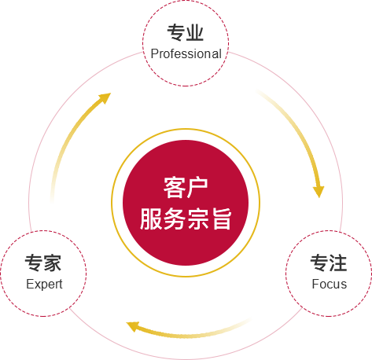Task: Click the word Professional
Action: pyautogui.click(x=186, y=53)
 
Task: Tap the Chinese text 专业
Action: pyautogui.click(x=186, y=32)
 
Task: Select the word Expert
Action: pyautogui.click(x=44, y=285)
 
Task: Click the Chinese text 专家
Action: pyautogui.click(x=43, y=263)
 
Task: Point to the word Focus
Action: pyautogui.click(x=330, y=284)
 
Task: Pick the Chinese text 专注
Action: pyautogui.click(x=329, y=263)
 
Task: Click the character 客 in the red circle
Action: pyautogui.click(x=174, y=187)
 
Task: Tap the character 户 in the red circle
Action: pyautogui.click(x=197, y=187)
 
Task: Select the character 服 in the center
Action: pyautogui.click(x=151, y=219)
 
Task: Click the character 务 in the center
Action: pyautogui.click(x=174, y=219)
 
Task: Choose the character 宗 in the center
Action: pyautogui.click(x=197, y=219)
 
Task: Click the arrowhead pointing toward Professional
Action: pyautogui.click(x=105, y=97)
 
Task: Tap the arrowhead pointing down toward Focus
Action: pyautogui.click(x=319, y=192)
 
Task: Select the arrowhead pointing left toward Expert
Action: pyautogui.click(x=133, y=326)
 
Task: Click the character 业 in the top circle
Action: pyautogui.click(x=195, y=32)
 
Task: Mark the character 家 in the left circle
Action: pyautogui.click(x=53, y=263)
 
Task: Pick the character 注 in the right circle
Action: pyautogui.click(x=338, y=263)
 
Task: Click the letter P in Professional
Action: pyautogui.click(x=154, y=53)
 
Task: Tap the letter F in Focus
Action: pyautogui.click(x=315, y=284)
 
